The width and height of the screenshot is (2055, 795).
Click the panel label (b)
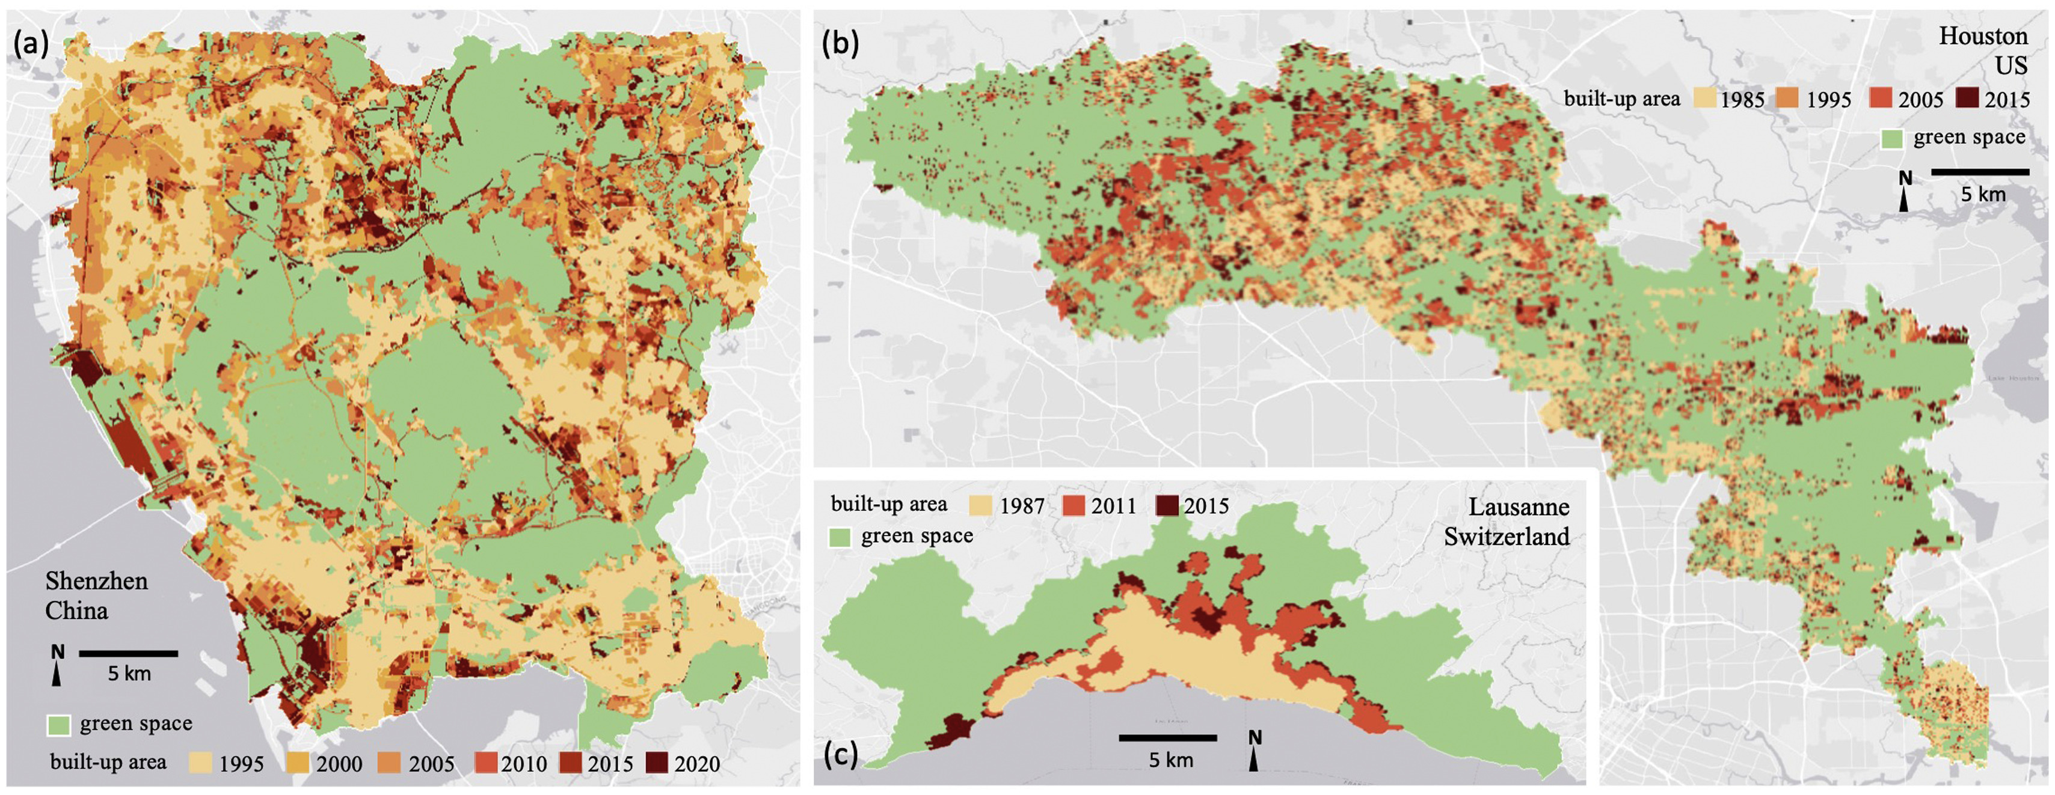click(x=840, y=44)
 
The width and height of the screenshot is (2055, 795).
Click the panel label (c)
click(x=840, y=753)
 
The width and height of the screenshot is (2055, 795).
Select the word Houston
click(x=1982, y=36)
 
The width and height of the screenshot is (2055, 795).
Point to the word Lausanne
click(x=1518, y=507)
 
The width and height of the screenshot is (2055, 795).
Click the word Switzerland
click(x=1506, y=537)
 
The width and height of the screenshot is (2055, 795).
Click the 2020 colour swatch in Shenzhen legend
click(x=657, y=763)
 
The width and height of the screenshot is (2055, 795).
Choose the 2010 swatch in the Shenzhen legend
click(x=486, y=763)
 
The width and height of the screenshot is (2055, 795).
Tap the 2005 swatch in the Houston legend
click(x=1881, y=99)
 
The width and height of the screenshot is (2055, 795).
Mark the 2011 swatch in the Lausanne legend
click(x=1074, y=505)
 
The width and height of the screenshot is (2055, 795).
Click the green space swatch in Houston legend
click(x=1892, y=138)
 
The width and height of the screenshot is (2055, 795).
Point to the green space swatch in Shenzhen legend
click(x=59, y=724)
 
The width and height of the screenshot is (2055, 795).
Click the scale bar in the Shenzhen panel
click(x=129, y=653)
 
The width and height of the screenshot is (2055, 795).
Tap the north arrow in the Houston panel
click(x=1904, y=191)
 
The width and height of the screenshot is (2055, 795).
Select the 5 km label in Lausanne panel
click(x=1170, y=760)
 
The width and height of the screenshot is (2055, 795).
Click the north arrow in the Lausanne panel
click(x=1254, y=751)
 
